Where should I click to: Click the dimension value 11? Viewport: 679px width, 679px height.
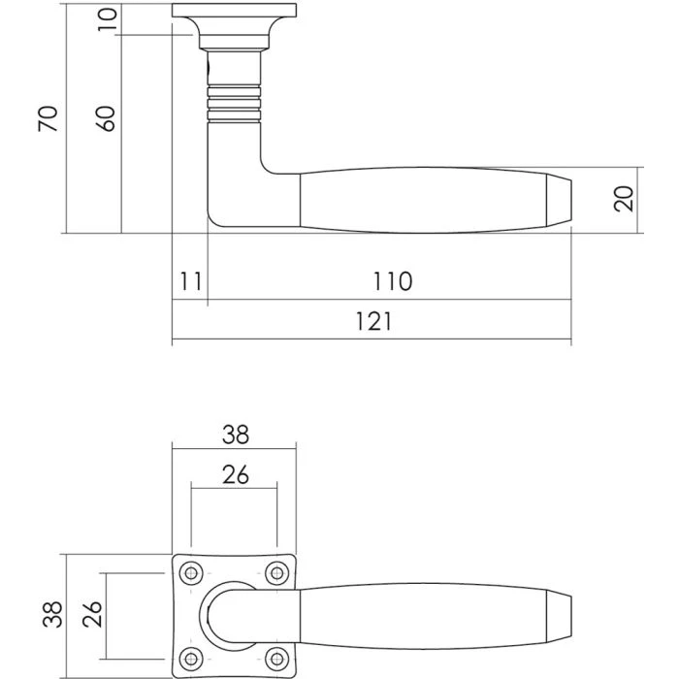[190, 282]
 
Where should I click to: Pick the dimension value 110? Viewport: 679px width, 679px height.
[392, 282]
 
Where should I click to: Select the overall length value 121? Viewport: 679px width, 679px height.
[372, 322]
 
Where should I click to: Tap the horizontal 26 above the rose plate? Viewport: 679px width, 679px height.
[235, 474]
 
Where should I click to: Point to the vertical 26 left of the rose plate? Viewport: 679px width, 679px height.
[94, 614]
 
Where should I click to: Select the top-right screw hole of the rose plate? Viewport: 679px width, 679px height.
[278, 572]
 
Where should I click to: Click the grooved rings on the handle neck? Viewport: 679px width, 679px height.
[234, 104]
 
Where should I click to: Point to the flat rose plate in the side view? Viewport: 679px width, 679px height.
[234, 11]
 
